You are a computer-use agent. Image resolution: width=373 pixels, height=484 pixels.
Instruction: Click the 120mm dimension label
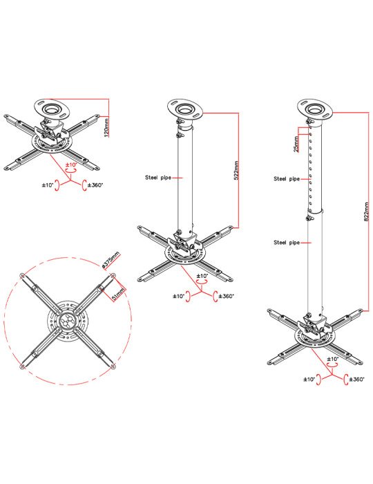106,127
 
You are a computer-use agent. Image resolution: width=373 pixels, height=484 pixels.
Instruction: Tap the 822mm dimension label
366,212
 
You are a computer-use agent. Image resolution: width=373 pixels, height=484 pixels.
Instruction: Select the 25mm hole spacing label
296,144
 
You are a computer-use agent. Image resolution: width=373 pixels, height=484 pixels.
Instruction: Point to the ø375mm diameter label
111,259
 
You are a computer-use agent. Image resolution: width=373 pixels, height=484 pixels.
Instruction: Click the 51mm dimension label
118,295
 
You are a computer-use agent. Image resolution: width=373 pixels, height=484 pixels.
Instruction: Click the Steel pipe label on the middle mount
158,178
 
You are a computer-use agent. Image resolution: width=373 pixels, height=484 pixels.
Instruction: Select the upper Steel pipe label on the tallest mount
287,178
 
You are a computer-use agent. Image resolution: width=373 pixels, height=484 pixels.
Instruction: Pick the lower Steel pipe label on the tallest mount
287,243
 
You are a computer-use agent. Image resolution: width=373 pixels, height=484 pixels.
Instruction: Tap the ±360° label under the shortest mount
95,185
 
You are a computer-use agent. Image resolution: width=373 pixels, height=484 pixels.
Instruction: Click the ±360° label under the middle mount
227,297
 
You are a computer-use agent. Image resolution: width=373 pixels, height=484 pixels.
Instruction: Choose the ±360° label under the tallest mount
356,380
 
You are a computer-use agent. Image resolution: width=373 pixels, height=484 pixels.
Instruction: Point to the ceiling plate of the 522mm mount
185,109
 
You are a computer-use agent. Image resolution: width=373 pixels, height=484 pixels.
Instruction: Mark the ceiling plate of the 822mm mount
315,109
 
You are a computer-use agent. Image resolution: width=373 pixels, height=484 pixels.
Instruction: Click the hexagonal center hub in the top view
68,321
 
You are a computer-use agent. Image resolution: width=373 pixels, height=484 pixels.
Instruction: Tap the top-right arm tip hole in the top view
113,275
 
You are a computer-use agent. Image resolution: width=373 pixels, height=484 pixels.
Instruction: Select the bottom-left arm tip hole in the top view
22,366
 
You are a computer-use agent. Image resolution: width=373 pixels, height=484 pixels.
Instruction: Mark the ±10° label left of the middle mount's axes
178,297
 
